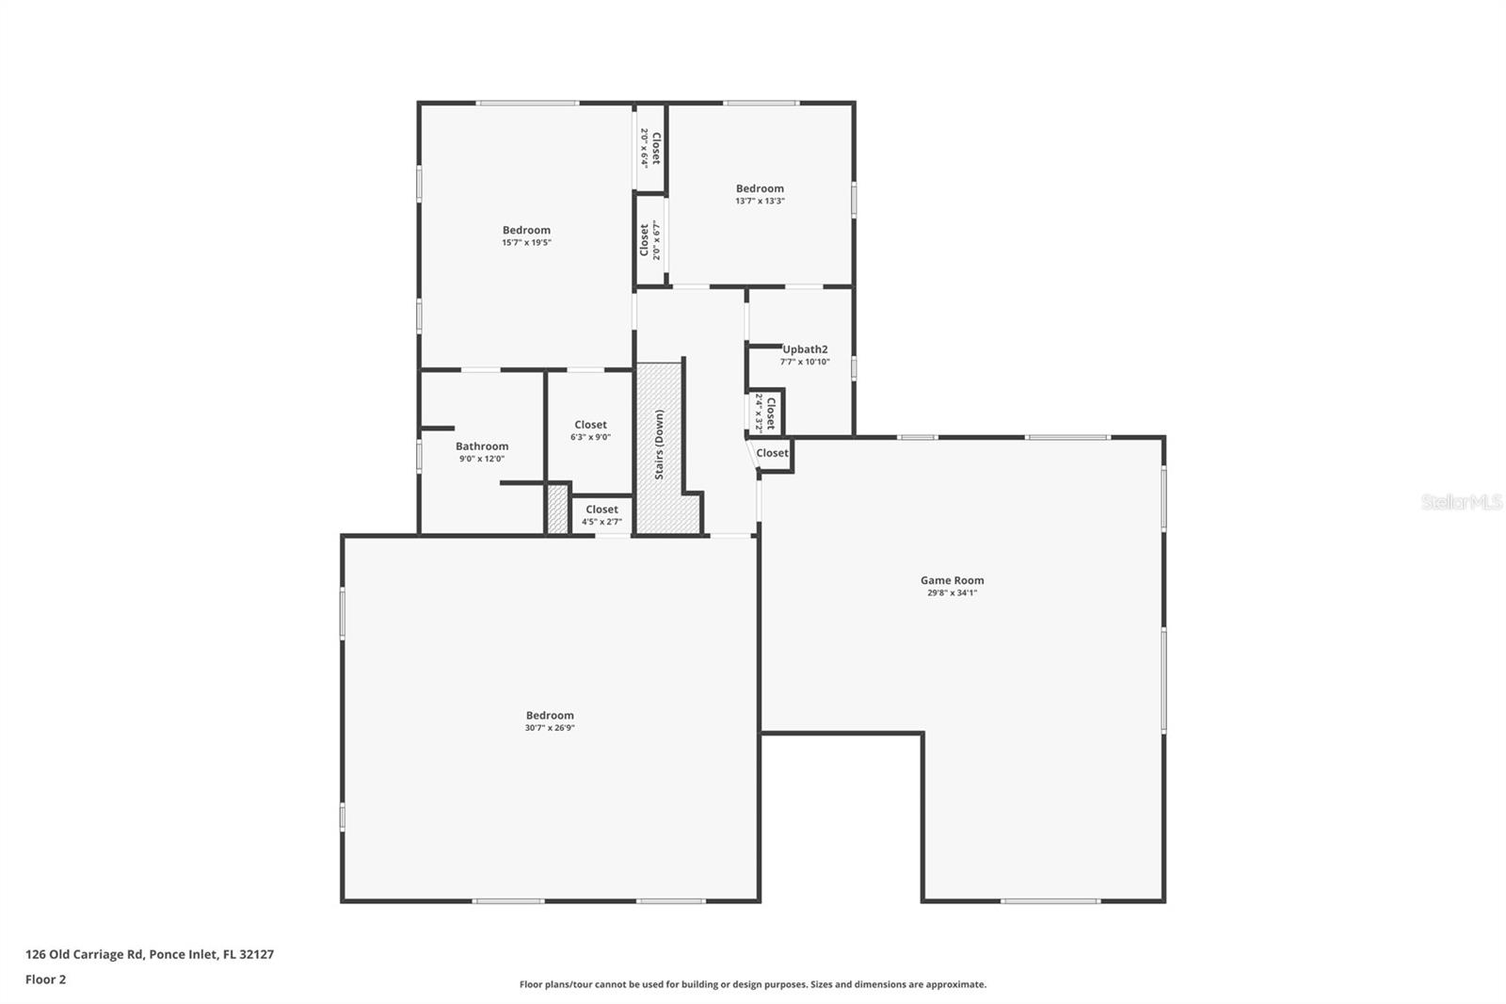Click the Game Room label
tap(952, 580)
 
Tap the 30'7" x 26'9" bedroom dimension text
tap(550, 728)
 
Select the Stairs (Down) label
tap(659, 444)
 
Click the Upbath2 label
tap(805, 349)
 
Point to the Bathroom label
tap(482, 446)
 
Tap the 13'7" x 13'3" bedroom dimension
tap(760, 201)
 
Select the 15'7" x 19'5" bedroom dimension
tap(526, 242)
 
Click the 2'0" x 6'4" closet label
tap(650, 148)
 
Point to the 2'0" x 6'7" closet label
tap(650, 240)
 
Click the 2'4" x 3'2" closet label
tap(765, 412)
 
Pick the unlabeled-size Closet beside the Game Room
tap(772, 453)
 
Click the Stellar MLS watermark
tap(1461, 502)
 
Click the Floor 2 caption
tap(45, 980)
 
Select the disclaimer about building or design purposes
tap(753, 984)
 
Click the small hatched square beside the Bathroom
tap(557, 509)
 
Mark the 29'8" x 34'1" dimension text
tap(952, 593)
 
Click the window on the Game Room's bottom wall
tap(1049, 901)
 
